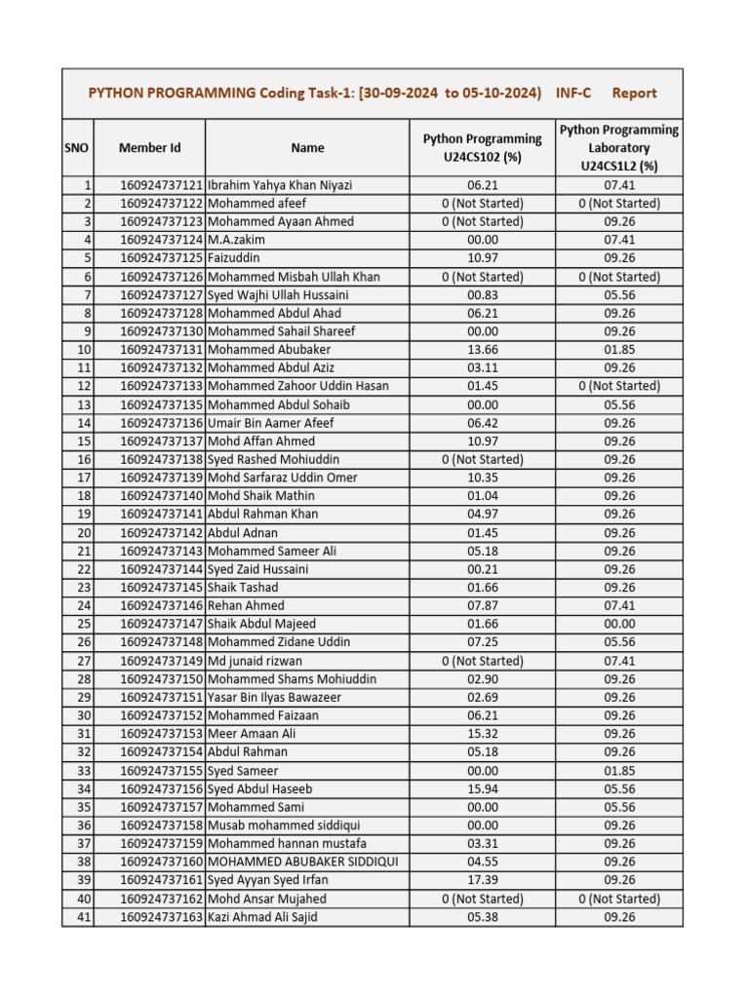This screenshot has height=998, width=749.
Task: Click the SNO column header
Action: tap(77, 148)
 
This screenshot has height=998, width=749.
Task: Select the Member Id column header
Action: tap(149, 148)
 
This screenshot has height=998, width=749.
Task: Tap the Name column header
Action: tap(307, 148)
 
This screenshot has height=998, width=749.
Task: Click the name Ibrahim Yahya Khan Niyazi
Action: tap(280, 185)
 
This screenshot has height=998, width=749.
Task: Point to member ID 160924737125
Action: tap(162, 258)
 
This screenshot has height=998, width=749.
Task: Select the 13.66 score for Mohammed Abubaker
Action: tap(482, 350)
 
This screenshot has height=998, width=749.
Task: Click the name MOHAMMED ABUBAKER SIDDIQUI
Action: tap(303, 862)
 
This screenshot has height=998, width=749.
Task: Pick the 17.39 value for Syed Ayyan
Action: tap(482, 880)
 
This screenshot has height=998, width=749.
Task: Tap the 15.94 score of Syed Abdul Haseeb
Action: tap(482, 788)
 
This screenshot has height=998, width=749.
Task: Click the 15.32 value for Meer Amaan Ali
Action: tap(482, 734)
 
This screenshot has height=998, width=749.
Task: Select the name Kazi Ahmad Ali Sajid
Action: tap(262, 916)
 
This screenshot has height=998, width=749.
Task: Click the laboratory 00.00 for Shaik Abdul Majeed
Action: tap(619, 624)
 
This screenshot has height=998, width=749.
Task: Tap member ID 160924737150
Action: tap(162, 679)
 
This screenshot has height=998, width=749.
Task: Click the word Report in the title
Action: tap(634, 94)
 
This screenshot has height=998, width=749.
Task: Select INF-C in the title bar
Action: tap(573, 94)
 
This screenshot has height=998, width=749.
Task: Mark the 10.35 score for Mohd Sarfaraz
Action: tap(482, 478)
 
